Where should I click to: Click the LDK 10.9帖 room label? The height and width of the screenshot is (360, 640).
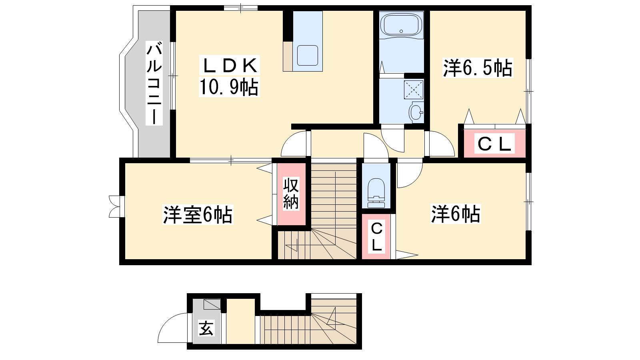(x=229, y=76)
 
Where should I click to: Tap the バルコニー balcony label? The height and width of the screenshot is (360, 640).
(x=154, y=83)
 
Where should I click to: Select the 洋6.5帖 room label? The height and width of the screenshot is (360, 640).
(x=477, y=68)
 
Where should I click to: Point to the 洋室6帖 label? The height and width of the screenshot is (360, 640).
(x=198, y=215)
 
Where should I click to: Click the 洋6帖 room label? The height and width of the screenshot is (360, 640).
(x=456, y=214)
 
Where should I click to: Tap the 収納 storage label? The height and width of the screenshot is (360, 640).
(x=291, y=194)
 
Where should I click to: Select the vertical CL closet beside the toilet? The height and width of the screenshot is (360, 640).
(x=376, y=237)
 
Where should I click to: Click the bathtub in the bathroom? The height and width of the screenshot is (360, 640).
(x=401, y=24)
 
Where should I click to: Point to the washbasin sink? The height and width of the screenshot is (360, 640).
(x=416, y=112)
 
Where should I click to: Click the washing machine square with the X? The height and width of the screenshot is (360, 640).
(x=413, y=90)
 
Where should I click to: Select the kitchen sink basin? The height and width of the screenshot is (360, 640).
(x=307, y=55)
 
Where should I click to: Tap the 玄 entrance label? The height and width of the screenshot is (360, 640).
(x=206, y=328)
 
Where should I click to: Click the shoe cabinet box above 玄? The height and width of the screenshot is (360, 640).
(x=212, y=304)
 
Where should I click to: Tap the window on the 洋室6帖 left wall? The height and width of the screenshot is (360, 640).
(x=114, y=206)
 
